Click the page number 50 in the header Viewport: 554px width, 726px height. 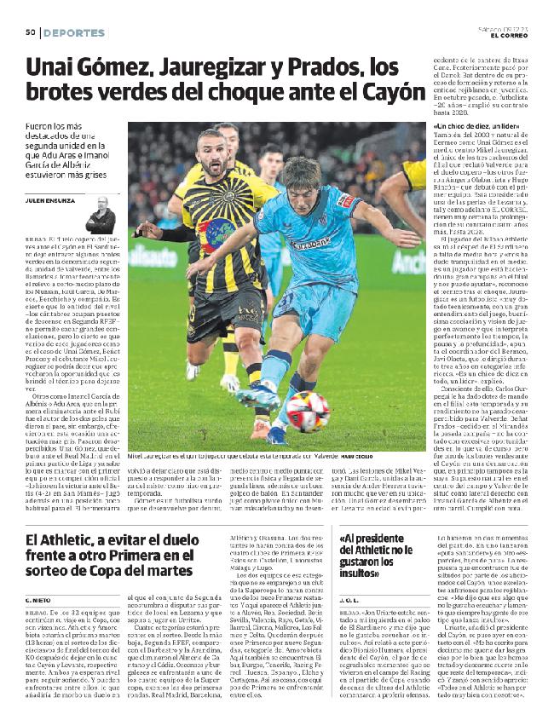[x=29, y=32]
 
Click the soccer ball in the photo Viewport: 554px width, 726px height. [x=309, y=411]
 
